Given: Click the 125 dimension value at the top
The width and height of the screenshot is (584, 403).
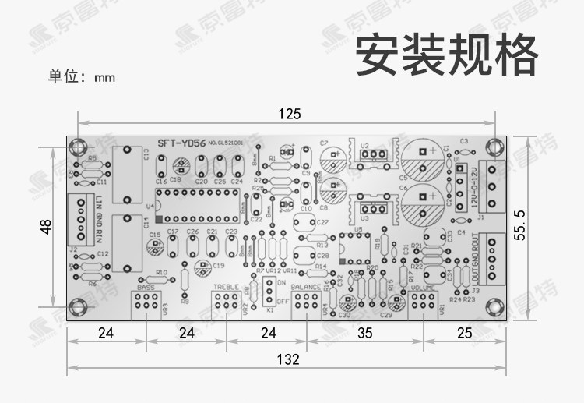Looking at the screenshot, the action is pyautogui.click(x=289, y=115).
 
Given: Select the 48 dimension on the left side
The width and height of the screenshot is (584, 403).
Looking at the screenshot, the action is pyautogui.click(x=47, y=228).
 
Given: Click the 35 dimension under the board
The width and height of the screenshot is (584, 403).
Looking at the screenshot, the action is pyautogui.click(x=366, y=334).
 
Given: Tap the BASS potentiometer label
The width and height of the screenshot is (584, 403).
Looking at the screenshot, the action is pyautogui.click(x=146, y=288).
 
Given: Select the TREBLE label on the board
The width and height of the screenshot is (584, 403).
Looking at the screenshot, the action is pyautogui.click(x=227, y=288).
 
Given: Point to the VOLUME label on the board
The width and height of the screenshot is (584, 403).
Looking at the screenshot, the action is pyautogui.click(x=424, y=288).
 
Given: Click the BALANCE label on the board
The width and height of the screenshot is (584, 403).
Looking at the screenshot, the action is pyautogui.click(x=307, y=288).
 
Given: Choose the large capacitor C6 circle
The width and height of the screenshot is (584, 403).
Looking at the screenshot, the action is pyautogui.click(x=424, y=201).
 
